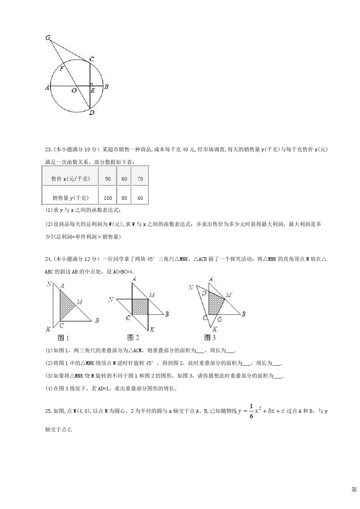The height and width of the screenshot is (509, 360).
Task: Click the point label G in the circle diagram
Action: [48, 37]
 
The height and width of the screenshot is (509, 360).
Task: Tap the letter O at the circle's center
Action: [74, 90]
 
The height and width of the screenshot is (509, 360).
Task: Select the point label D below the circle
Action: [91, 113]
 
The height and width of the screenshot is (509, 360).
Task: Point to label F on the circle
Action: [62, 68]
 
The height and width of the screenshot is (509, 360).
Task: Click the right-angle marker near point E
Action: [91, 84]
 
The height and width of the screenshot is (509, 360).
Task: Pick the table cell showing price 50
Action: [108, 179]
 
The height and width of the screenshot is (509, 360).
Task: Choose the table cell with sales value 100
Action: [108, 198]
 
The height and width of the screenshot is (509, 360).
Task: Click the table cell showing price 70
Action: [140, 179]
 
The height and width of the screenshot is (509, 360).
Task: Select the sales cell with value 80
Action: [124, 198]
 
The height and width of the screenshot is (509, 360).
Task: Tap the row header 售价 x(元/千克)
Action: [71, 179]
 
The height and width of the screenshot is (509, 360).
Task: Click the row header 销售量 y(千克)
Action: [70, 198]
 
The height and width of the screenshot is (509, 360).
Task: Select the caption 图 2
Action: [133, 338]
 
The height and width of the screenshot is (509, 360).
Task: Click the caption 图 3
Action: [210, 338]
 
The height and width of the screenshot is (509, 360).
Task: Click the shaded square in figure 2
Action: [140, 307]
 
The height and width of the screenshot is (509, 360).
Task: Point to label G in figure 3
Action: [220, 320]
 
